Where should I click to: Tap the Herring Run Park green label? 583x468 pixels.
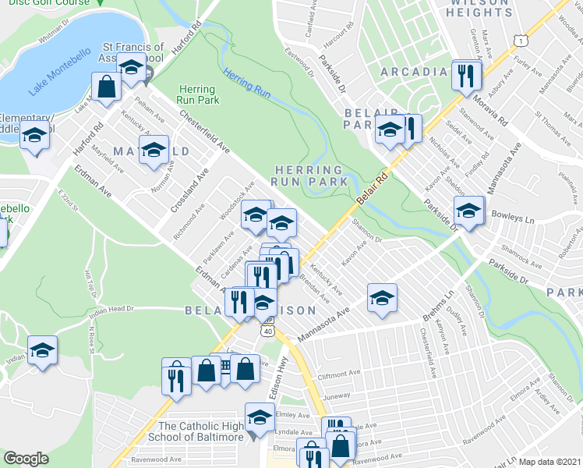coord(198,94)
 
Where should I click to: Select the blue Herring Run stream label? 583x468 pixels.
coord(246,83)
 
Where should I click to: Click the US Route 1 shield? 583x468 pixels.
coord(520,40)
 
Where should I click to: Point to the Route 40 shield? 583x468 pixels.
coord(268,331)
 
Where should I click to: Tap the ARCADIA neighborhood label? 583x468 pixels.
coord(414,73)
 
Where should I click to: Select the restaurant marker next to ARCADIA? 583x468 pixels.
coord(467,76)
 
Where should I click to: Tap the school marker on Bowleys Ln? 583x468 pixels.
coord(468,211)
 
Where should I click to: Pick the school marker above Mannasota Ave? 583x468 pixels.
coord(382,298)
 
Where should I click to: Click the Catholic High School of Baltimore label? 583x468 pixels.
coord(201,431)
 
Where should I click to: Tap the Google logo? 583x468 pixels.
coord(26,459)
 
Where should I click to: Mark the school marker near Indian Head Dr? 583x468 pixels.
coord(42,349)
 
